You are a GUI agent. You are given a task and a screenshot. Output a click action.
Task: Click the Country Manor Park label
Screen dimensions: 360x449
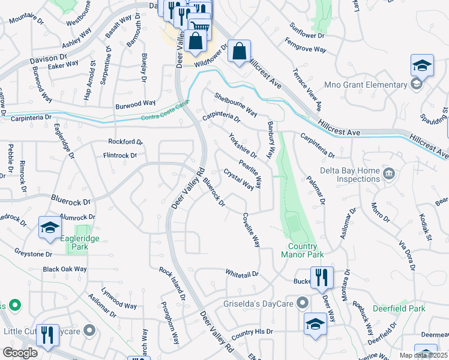coord(302,250)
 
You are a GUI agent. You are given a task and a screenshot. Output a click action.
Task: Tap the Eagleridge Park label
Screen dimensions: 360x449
coord(79,242)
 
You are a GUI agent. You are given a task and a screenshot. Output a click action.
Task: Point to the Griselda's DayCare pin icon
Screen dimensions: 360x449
coord(302,302)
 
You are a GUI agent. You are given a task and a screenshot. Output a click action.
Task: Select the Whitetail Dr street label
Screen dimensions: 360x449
coord(242,273)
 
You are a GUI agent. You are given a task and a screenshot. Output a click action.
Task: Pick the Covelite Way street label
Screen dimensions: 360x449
coord(251,230)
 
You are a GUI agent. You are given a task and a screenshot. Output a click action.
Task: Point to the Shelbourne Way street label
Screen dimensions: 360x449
coord(236,104)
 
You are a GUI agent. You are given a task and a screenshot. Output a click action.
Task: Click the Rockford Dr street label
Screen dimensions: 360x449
coord(125,142)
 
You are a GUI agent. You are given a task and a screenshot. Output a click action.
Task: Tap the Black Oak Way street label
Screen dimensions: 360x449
coord(65,269)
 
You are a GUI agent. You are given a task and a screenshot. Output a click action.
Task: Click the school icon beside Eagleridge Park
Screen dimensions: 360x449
coord(50,227)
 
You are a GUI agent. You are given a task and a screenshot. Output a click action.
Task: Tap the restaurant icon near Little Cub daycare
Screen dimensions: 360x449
coord(48,335)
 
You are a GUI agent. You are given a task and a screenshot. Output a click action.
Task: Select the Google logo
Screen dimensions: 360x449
coord(20,353)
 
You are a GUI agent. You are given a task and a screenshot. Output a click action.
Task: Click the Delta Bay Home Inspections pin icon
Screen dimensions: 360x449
coord(389,174)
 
